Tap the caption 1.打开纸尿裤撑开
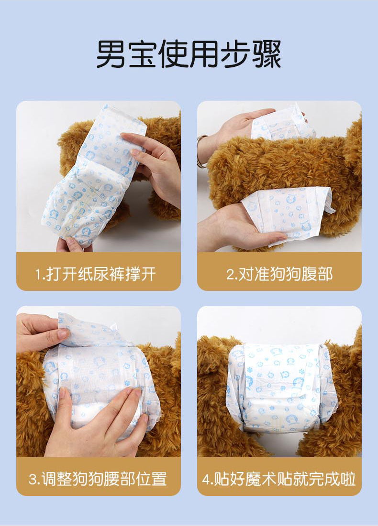[x=95, y=274]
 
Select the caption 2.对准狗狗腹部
[x=279, y=274]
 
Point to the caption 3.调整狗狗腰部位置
[x=98, y=479]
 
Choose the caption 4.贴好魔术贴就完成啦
[x=279, y=479]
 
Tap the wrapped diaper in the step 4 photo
[x=279, y=387]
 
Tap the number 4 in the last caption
[x=205, y=479]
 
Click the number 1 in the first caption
[x=38, y=275]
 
